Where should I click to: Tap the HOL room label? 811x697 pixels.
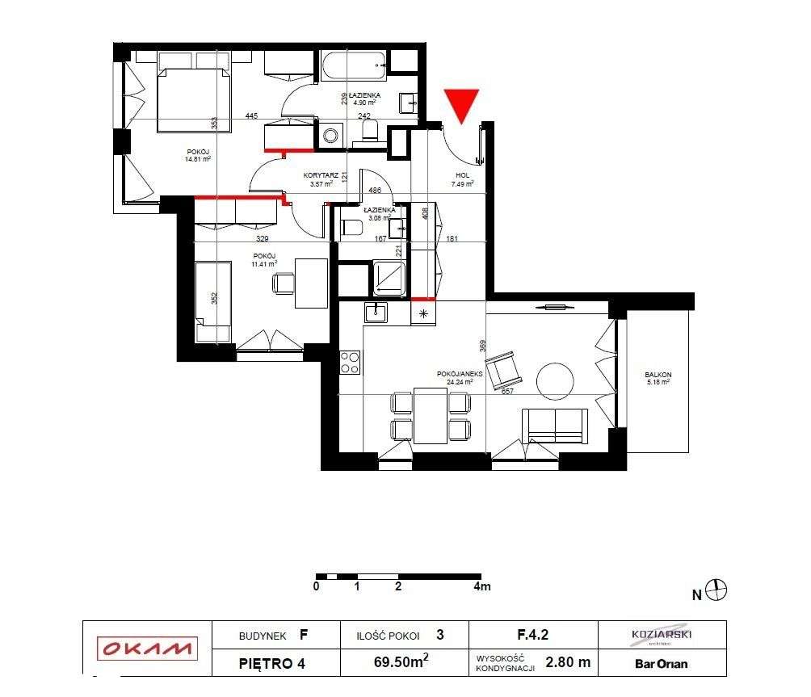pyautogui.click(x=463, y=175)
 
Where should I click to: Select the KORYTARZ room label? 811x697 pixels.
pyautogui.click(x=319, y=175)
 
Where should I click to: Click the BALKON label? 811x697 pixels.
pyautogui.click(x=658, y=375)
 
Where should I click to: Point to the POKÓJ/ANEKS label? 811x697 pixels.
pyautogui.click(x=460, y=374)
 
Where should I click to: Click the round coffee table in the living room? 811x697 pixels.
pyautogui.click(x=556, y=380)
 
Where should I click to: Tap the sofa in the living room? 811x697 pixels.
pyautogui.click(x=555, y=426)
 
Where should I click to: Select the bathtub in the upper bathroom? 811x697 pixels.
pyautogui.click(x=353, y=65)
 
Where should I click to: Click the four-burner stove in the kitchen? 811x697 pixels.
pyautogui.click(x=350, y=362)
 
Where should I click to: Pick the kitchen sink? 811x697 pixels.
pyautogui.click(x=376, y=310)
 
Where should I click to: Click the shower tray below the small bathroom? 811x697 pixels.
pyautogui.click(x=390, y=277)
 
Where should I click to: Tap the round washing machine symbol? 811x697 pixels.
pyautogui.click(x=330, y=136)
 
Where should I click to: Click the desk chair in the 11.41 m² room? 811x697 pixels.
pyautogui.click(x=284, y=283)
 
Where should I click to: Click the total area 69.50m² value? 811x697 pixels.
pyautogui.click(x=401, y=662)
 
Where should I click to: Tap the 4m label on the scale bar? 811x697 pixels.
pyautogui.click(x=481, y=587)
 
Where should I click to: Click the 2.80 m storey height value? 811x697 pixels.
pyautogui.click(x=568, y=662)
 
